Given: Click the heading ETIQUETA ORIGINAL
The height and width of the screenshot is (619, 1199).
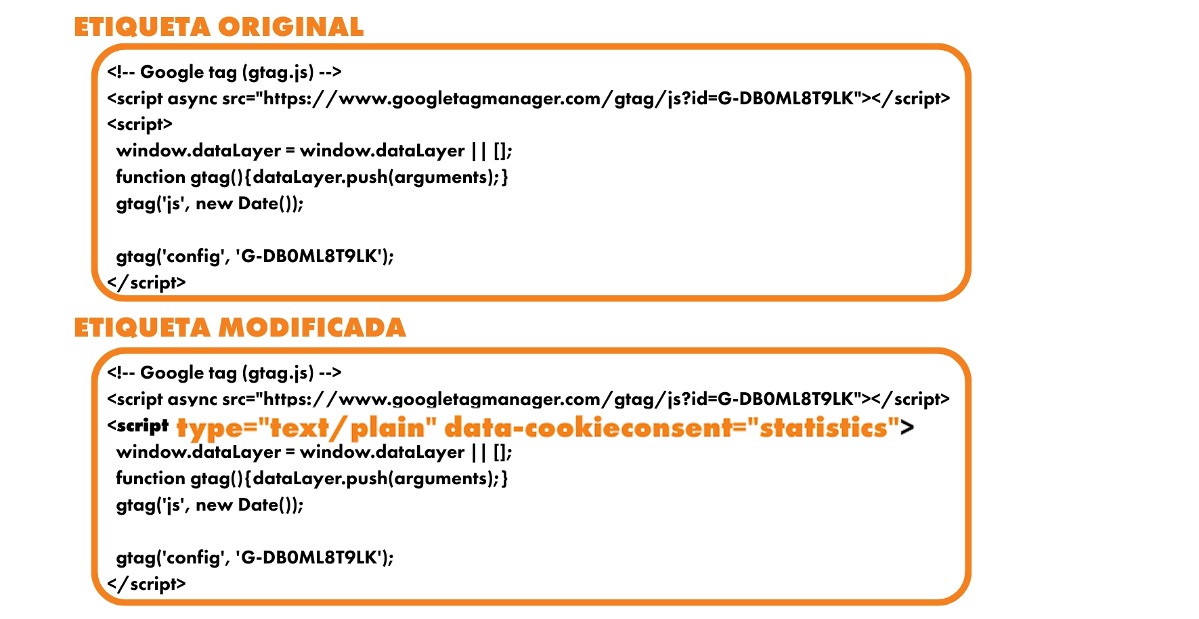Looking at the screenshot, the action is [219, 27].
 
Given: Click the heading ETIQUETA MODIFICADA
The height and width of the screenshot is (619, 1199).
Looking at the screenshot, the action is [240, 328].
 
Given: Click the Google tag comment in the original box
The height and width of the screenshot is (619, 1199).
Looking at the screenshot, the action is [224, 72].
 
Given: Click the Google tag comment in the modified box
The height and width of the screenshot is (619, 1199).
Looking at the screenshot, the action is [224, 372].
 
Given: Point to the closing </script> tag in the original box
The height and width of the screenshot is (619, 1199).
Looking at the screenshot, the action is [146, 282].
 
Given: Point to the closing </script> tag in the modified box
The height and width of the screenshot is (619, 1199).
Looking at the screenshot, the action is [146, 584].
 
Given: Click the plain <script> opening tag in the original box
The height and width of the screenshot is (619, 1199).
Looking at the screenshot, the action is [139, 125].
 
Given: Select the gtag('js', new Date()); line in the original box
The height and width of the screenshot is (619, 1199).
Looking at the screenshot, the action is [210, 204].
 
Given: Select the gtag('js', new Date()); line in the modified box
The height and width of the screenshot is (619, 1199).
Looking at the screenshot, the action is [210, 505].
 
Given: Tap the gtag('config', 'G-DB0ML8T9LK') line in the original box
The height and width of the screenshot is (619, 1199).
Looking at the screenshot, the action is [255, 256].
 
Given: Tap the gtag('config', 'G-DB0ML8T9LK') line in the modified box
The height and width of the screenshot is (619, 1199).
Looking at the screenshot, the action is [255, 557].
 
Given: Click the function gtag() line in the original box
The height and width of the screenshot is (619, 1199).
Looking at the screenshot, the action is [311, 177].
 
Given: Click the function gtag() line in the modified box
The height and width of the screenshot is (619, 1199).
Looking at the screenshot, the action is [311, 479].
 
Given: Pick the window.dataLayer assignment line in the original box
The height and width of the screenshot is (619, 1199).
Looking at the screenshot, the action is [314, 151].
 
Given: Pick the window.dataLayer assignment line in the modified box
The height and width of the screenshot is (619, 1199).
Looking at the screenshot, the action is [314, 452].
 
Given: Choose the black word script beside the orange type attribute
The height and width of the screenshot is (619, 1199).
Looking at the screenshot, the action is [142, 426].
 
